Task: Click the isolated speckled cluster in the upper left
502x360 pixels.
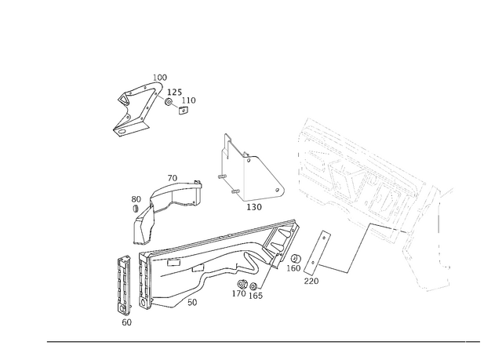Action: coord(149,104)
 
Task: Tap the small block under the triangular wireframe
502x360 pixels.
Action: coord(255,206)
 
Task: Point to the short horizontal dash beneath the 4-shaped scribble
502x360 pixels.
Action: coord(311,277)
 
